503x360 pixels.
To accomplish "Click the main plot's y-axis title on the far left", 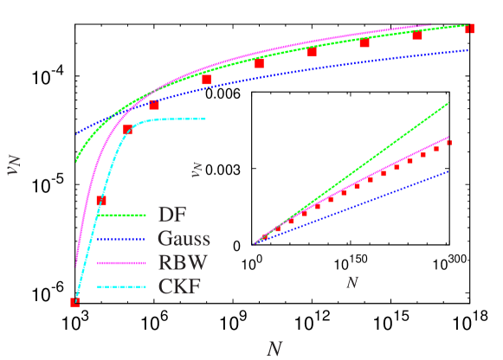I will coord(13,165).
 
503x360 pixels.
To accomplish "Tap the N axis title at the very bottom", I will coord(274,348).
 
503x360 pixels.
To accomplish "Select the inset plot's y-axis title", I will coord(197,169).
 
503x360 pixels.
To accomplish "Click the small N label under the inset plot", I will coord(352,282).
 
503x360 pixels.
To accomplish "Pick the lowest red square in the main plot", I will coord(74,302).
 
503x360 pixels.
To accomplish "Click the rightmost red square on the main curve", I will coord(470,29).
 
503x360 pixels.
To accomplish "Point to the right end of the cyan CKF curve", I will coord(205,119).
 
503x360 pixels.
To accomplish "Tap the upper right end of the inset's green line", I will coord(448,103).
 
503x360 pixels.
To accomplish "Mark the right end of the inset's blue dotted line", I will coord(448,171).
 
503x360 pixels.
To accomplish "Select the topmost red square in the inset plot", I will coord(449,142).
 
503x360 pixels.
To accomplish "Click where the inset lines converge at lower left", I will coord(254,243).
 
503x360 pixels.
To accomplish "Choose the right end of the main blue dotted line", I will coord(468,50).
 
